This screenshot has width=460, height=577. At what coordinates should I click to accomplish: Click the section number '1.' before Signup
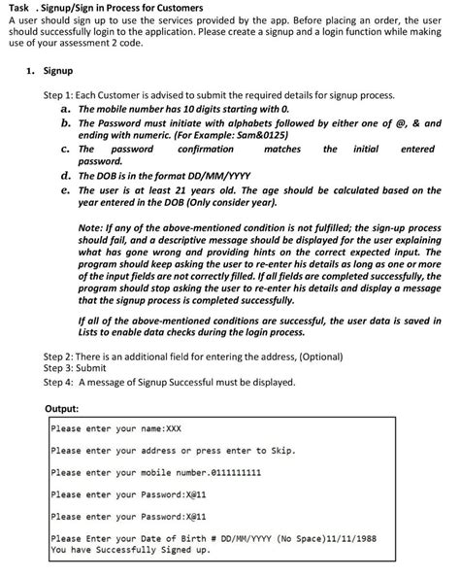31,71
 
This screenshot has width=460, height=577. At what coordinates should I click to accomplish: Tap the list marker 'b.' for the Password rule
65,124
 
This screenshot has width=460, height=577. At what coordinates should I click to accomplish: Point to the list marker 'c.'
65,150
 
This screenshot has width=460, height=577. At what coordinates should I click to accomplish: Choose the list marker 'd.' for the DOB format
65,176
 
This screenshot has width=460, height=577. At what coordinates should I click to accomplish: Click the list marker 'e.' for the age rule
65,190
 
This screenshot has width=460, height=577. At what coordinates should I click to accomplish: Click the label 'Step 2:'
60,357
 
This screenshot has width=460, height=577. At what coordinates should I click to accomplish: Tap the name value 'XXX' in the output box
174,428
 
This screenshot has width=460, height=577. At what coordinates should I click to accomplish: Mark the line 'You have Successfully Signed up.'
130,551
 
